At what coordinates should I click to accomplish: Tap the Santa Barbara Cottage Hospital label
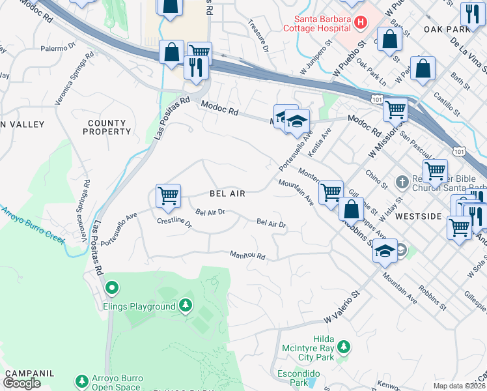[318, 23]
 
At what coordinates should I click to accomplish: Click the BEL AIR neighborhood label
[227, 194]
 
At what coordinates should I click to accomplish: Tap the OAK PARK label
[442, 29]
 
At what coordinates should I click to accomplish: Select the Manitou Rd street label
[247, 255]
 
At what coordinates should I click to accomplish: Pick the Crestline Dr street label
[174, 224]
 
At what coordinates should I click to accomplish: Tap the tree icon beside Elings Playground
[186, 305]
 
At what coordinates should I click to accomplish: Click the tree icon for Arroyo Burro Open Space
[82, 380]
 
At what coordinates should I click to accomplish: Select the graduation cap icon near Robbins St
[385, 251]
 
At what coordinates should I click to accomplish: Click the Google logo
[21, 383]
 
